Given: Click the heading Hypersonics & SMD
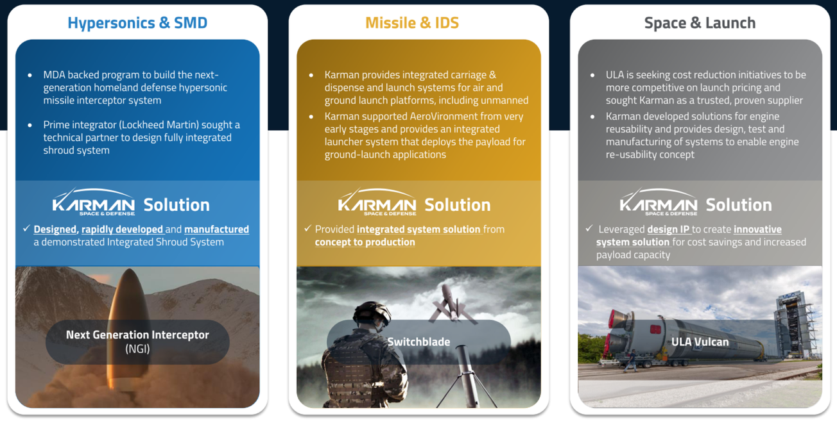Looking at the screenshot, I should pos(137,23).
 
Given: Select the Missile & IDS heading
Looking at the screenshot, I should pos(412,23).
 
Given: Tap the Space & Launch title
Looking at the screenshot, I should pos(700,23).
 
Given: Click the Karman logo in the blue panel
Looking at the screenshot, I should pos(94,202).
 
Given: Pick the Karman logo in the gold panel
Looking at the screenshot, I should pos(377,202).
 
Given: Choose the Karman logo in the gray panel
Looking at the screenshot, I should pos(658,202).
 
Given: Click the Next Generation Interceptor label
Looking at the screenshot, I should pos(137,335).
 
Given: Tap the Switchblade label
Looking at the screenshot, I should pos(418,342).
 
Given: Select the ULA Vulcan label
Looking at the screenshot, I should pos(700,342).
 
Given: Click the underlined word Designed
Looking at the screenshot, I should pos(55,229).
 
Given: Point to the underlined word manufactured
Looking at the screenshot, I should pos(216,229).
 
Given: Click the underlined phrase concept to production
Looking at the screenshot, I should pos(365,242).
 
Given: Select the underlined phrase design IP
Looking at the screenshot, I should pos(668,229).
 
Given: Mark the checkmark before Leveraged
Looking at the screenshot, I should pos(589,229).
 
